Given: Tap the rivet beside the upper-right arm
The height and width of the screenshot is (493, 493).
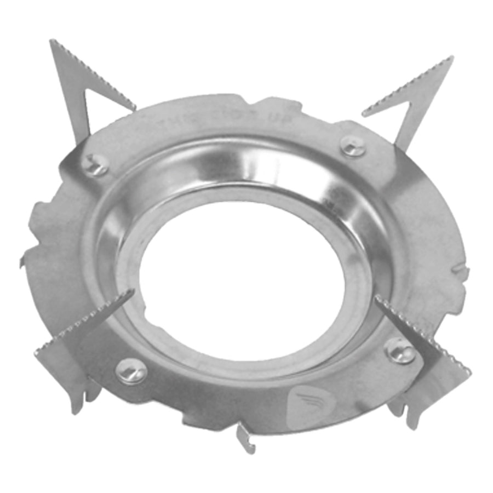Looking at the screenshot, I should (x=352, y=146).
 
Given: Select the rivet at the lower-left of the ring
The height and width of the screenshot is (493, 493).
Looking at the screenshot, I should (x=131, y=372).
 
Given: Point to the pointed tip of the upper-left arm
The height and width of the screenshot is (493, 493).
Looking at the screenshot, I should (x=52, y=42).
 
